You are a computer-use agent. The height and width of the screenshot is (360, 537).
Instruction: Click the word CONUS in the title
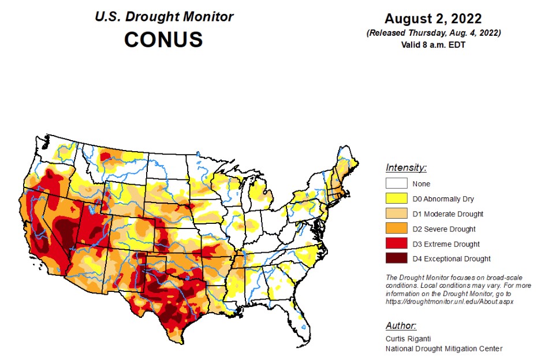[x=163, y=39]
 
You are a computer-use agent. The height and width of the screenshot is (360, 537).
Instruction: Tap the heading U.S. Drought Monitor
[x=164, y=16]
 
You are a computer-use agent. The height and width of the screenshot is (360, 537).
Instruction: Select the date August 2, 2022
[x=433, y=18]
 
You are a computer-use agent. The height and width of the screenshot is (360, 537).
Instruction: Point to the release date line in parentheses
[x=433, y=33]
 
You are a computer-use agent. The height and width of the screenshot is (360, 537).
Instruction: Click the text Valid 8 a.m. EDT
[x=433, y=45]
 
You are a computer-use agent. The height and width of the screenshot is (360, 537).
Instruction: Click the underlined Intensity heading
[x=406, y=168]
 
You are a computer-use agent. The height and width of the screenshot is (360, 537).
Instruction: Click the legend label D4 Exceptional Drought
[x=452, y=259]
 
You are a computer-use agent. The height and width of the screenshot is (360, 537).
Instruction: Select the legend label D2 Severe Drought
[x=444, y=229]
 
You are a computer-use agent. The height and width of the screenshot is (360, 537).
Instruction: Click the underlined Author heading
[x=400, y=325]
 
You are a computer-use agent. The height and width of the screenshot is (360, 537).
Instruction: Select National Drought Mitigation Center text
[x=444, y=348]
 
